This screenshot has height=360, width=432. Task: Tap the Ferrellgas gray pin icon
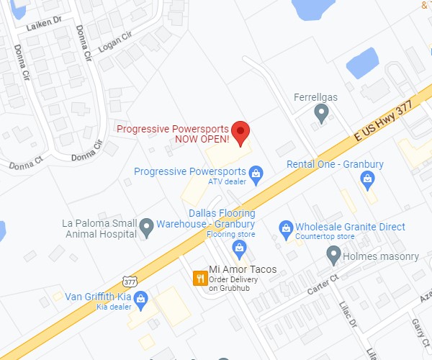click(x=322, y=112)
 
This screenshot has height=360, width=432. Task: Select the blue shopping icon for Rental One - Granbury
click(x=370, y=179)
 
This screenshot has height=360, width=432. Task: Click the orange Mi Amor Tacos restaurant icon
click(x=199, y=278)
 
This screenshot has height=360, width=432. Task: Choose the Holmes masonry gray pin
click(x=333, y=254)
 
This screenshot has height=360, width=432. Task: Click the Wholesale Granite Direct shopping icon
click(x=285, y=228)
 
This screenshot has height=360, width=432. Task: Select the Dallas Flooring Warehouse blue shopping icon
click(x=240, y=248)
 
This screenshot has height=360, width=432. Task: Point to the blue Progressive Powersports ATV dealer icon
click(x=255, y=173)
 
